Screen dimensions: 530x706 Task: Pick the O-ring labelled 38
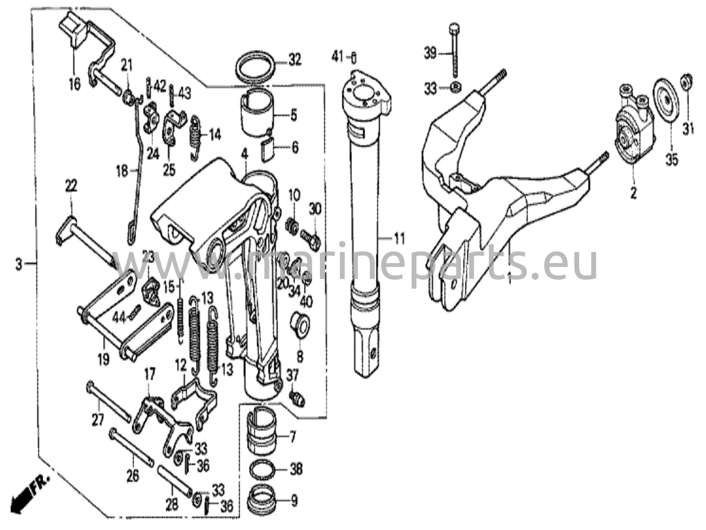[263, 469]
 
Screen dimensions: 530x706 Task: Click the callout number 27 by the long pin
[98, 420]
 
